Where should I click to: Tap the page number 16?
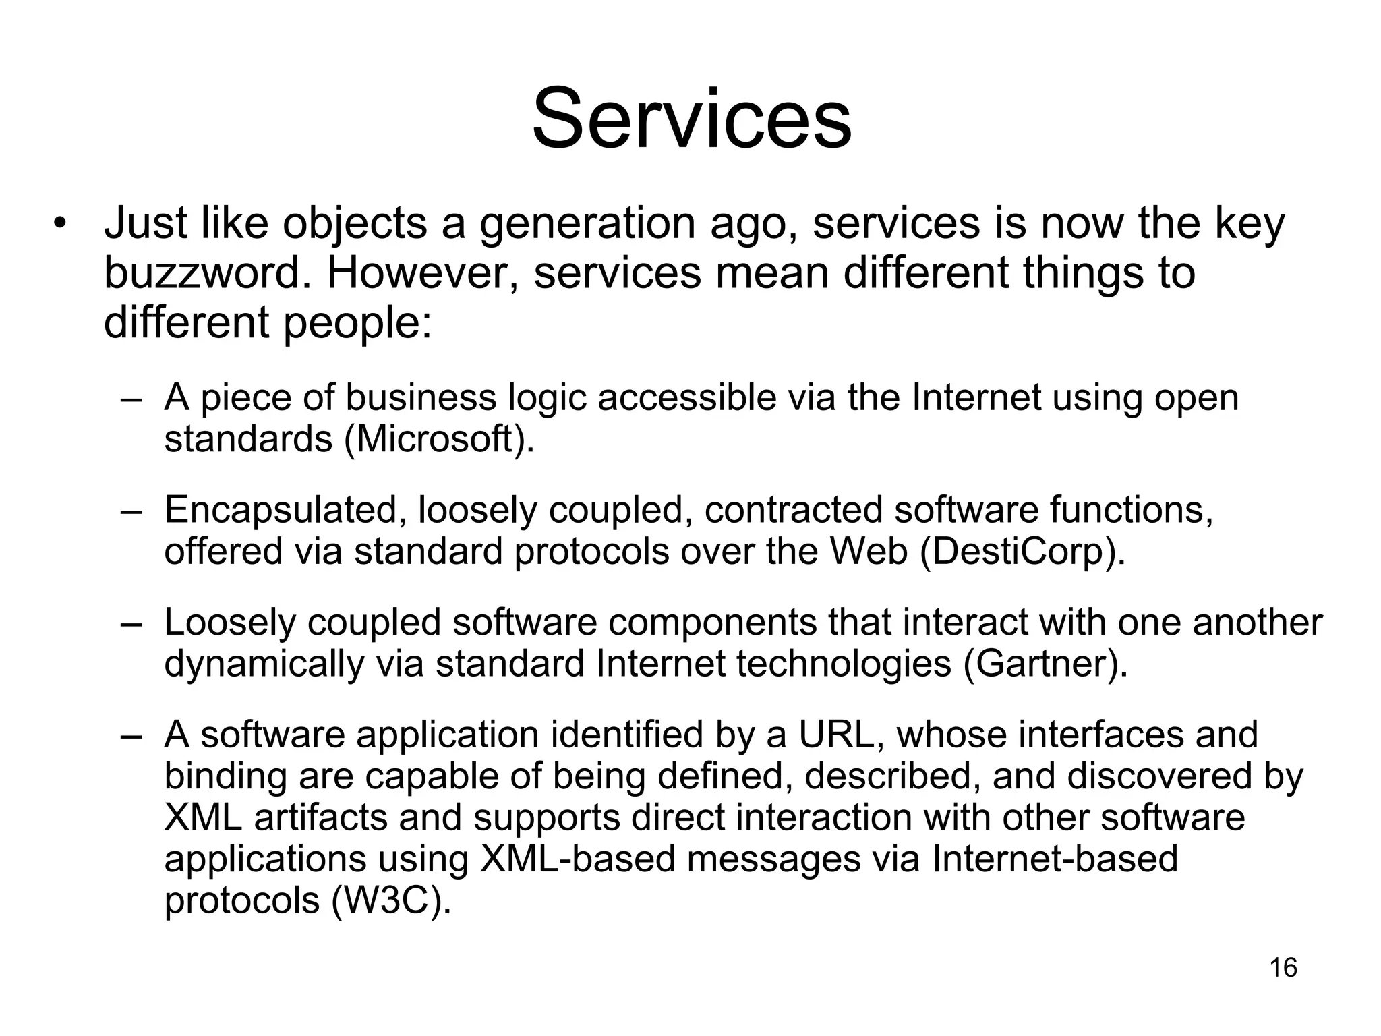(x=1283, y=968)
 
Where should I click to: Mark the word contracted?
(x=793, y=510)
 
